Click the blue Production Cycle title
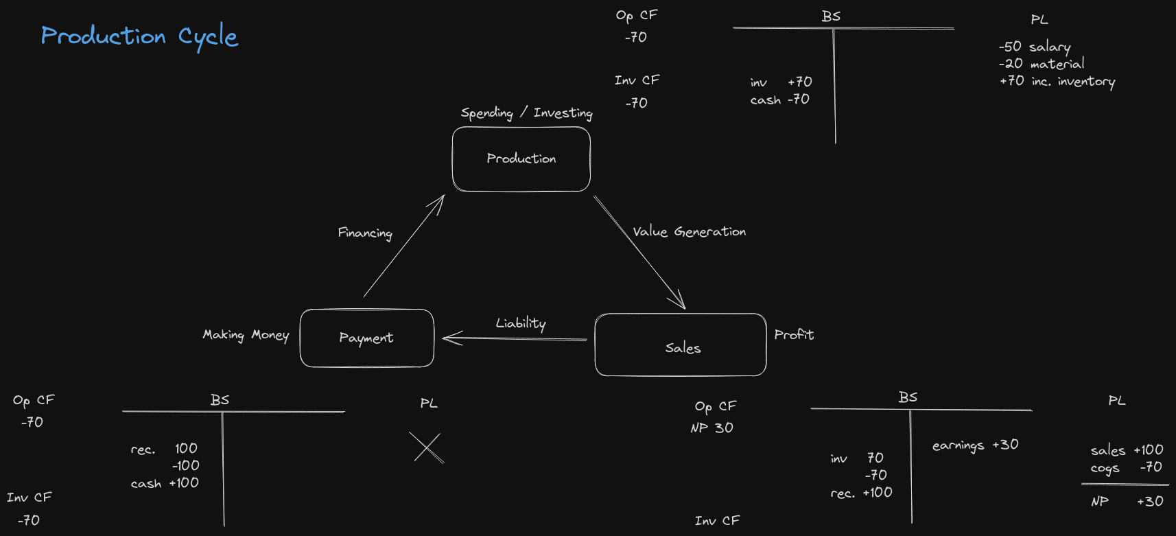tap(139, 36)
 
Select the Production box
tap(521, 159)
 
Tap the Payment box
tap(366, 338)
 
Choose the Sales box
tap(681, 345)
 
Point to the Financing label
tap(365, 233)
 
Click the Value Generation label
tap(689, 232)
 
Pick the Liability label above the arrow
tap(521, 323)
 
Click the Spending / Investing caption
tap(526, 113)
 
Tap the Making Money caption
tap(246, 335)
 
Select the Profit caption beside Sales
tap(794, 335)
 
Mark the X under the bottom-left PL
tap(427, 448)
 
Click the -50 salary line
tap(1034, 47)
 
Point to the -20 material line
tap(1042, 64)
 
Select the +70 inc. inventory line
tap(1057, 81)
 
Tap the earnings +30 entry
tap(975, 445)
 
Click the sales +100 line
tap(1127, 450)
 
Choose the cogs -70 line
tap(1126, 468)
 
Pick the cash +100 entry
tap(165, 483)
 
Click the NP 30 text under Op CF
tap(712, 428)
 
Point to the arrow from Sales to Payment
tap(515, 338)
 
